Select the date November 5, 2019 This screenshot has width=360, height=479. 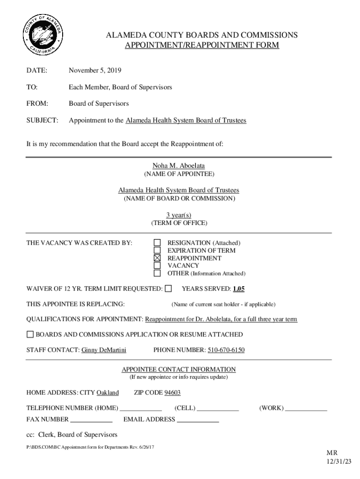pyautogui.click(x=95, y=71)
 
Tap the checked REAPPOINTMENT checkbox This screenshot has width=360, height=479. pyautogui.click(x=158, y=258)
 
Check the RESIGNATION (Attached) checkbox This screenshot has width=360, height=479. pyautogui.click(x=158, y=243)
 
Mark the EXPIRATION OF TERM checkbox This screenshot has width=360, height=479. pyautogui.click(x=158, y=250)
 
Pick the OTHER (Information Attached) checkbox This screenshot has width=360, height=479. pyautogui.click(x=158, y=273)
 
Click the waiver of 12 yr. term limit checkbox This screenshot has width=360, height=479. pyautogui.click(x=168, y=289)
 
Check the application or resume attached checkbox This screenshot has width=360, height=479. pyautogui.click(x=30, y=334)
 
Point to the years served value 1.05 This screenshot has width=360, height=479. pyautogui.click(x=239, y=289)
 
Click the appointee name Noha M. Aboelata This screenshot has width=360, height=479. pyautogui.click(x=179, y=166)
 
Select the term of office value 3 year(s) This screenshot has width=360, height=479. pyautogui.click(x=179, y=215)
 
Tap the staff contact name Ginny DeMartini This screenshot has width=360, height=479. pyautogui.click(x=104, y=350)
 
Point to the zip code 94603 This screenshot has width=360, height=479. pyautogui.click(x=173, y=392)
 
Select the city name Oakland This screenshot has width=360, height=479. pyautogui.click(x=108, y=392)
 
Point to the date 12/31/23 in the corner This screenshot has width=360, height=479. pyautogui.click(x=338, y=462)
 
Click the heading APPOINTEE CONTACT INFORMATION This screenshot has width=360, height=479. pyautogui.click(x=179, y=369)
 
